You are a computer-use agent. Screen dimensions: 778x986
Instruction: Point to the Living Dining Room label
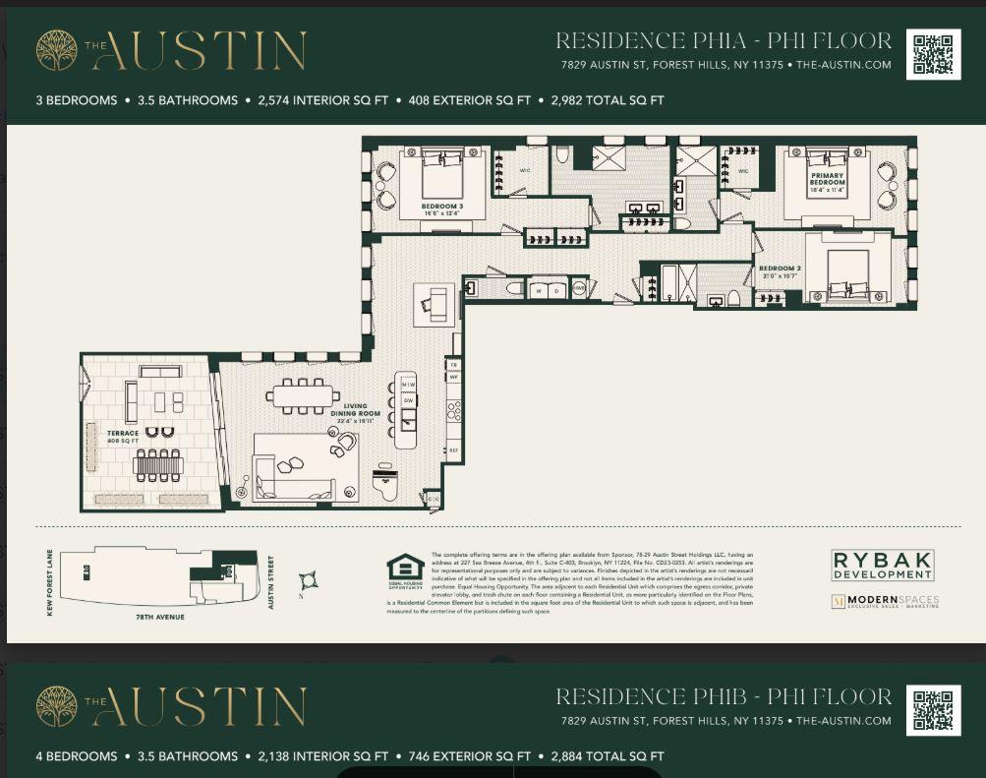pos(355,413)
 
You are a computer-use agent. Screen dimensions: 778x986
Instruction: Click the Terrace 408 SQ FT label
pos(122,436)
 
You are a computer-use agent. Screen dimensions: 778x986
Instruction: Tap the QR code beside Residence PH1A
pos(933,54)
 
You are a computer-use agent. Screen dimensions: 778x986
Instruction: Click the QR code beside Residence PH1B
pos(933,710)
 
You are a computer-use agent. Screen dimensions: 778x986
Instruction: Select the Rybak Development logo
pos(882,565)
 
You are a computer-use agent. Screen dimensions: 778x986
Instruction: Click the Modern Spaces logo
pos(885,601)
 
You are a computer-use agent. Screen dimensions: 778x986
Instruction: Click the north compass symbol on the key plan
pos(310,580)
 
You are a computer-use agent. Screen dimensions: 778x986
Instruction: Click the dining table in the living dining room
pos(301,395)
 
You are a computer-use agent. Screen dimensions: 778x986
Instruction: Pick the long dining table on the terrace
pos(158,464)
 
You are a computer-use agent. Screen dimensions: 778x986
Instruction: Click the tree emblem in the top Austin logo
pos(57,50)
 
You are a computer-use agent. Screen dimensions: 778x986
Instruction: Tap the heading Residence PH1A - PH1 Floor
pos(724,41)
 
